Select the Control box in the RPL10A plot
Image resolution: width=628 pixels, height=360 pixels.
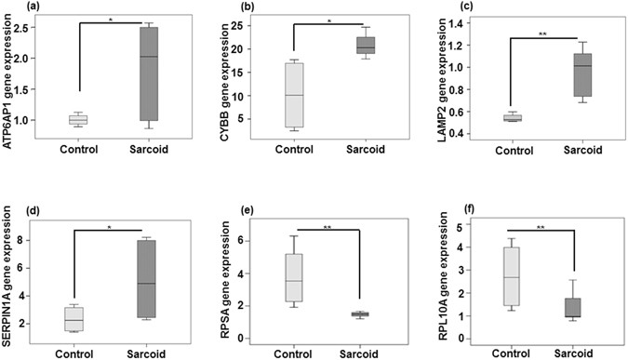509,275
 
